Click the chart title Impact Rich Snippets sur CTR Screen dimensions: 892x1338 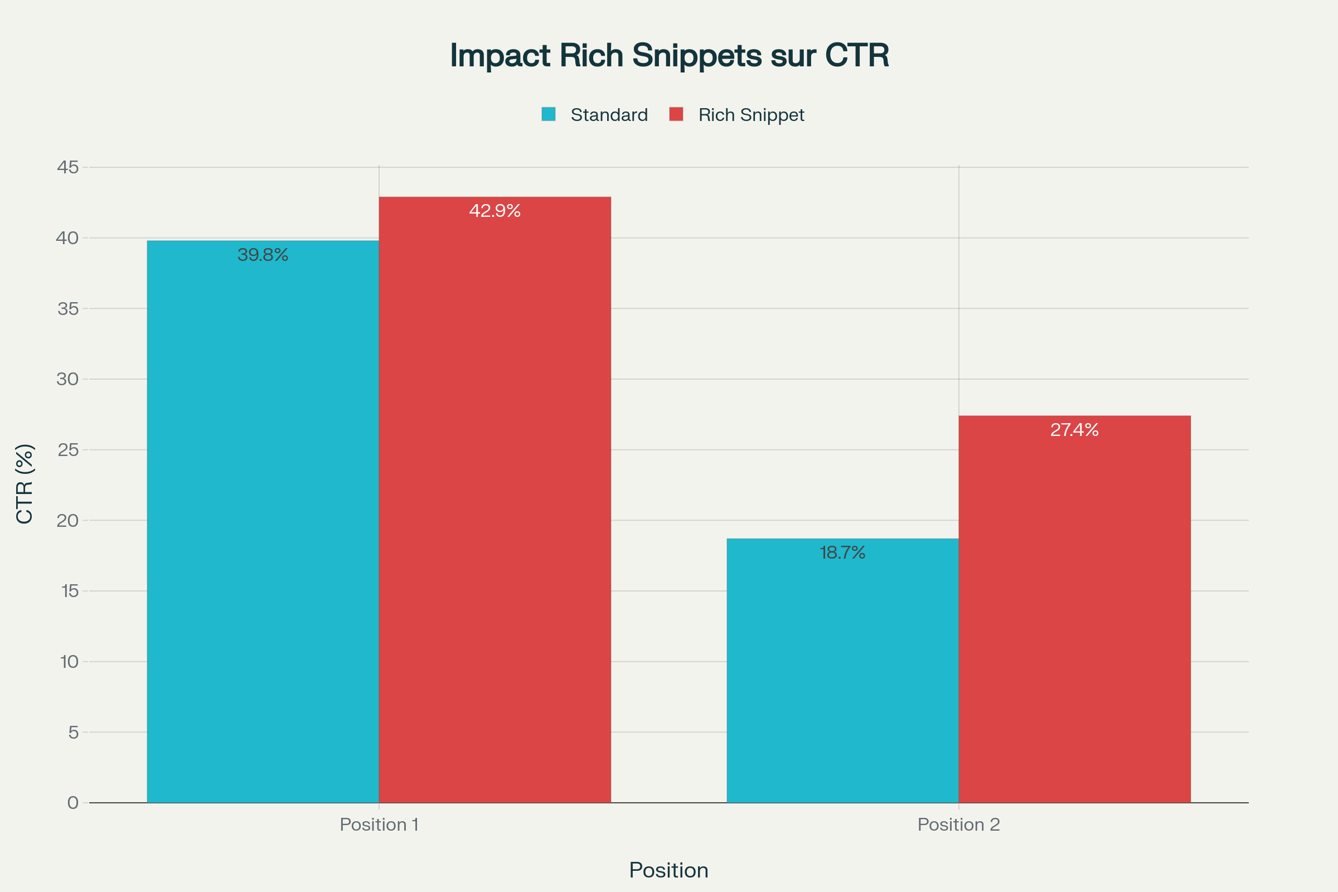(x=669, y=56)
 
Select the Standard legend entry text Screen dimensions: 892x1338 (x=609, y=115)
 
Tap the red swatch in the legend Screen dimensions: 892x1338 (x=676, y=114)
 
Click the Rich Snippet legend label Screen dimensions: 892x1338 (x=751, y=115)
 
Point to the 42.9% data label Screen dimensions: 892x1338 (x=495, y=211)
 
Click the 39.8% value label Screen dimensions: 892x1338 (x=263, y=255)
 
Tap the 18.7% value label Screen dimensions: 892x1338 (x=842, y=553)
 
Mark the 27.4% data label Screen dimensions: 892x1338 (x=1075, y=430)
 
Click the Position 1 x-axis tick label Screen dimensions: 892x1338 (x=379, y=825)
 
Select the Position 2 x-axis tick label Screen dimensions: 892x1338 (x=958, y=825)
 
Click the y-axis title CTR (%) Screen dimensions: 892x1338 (x=25, y=483)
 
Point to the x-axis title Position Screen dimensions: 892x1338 (x=669, y=870)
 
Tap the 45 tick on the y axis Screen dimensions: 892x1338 (x=67, y=167)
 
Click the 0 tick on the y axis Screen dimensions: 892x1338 (x=73, y=803)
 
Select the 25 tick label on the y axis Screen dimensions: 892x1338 (x=67, y=450)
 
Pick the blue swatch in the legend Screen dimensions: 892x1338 (x=549, y=114)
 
